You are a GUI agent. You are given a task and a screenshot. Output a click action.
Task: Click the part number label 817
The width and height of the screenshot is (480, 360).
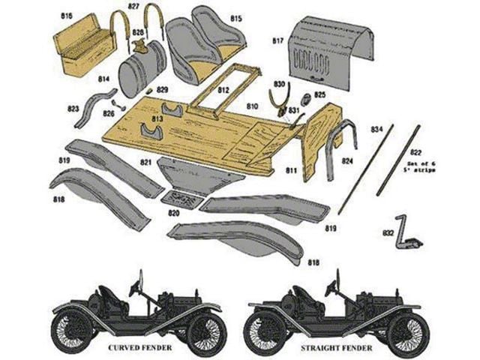point(277,40)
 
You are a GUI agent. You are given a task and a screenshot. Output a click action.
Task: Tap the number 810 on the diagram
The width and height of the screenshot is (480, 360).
point(252,106)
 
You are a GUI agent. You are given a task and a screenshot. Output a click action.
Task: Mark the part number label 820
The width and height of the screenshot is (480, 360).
point(174,213)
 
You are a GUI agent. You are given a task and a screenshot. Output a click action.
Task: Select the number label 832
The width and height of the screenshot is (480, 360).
point(388,233)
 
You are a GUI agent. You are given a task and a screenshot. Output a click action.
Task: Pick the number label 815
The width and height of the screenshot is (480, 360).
point(236,17)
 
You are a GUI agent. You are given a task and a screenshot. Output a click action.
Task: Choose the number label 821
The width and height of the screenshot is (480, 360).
point(145,161)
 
